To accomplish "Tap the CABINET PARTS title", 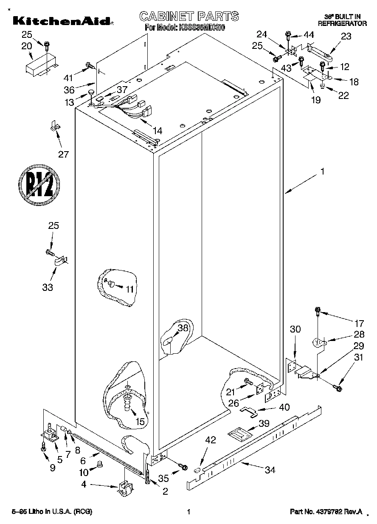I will (189, 16).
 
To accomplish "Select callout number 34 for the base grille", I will (270, 470).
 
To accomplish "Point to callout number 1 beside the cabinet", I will (322, 172).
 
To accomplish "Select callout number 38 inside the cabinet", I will (183, 328).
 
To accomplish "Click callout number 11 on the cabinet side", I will (129, 289).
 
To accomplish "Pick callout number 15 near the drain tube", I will (140, 421).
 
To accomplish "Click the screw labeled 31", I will (338, 387).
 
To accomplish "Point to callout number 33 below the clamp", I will (48, 287).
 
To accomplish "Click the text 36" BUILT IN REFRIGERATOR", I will (342, 20).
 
